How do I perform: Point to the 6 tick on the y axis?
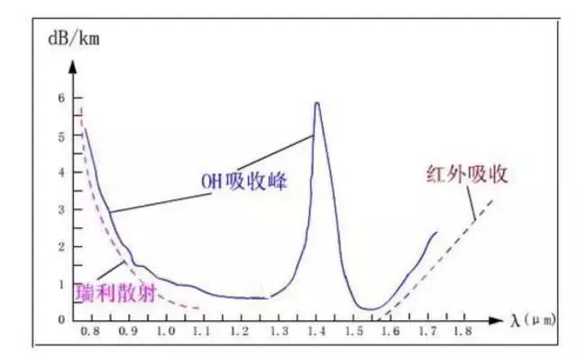coord(62,97)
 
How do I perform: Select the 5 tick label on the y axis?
coord(62,136)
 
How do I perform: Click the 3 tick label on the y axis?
coord(62,209)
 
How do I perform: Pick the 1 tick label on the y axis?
coord(62,284)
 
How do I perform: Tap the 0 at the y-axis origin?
coord(62,319)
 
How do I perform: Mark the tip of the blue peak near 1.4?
coord(316,103)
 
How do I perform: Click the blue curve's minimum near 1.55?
coord(371,309)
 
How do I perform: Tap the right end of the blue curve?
coord(436,232)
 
